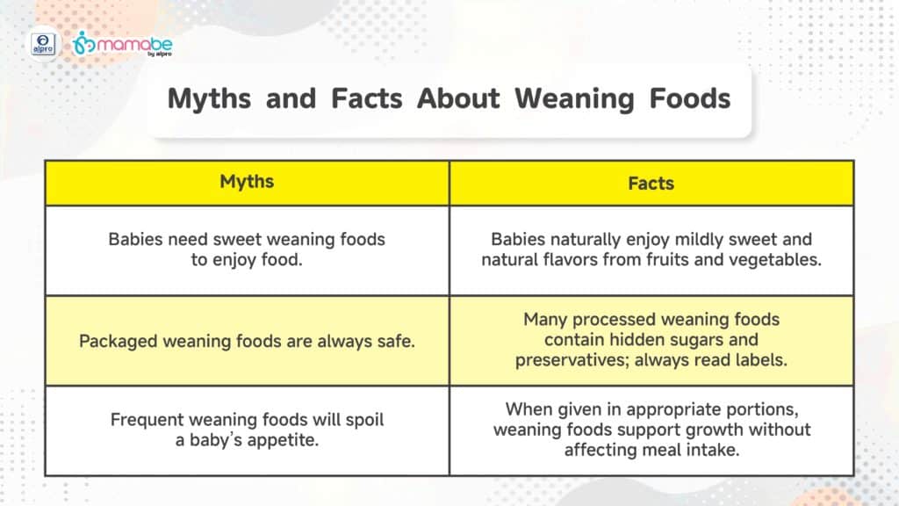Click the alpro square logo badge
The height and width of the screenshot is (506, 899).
(x=44, y=44)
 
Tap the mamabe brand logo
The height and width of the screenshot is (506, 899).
(x=122, y=44)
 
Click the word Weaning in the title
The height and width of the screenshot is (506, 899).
(x=574, y=98)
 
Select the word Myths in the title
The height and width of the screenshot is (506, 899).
(x=209, y=98)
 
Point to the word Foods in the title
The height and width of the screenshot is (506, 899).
(x=690, y=98)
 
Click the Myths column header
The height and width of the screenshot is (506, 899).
(x=247, y=183)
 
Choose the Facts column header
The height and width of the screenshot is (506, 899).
(x=651, y=183)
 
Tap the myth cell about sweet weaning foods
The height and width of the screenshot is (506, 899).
(x=247, y=250)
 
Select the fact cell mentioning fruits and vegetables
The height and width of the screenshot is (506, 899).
(x=651, y=250)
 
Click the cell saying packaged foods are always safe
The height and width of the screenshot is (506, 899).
(x=247, y=341)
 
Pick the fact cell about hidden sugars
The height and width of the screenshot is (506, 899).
(x=651, y=341)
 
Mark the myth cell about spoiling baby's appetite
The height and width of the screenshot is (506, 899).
(x=247, y=430)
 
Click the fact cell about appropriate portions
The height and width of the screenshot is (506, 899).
(x=651, y=430)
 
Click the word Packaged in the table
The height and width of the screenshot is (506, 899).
(x=119, y=342)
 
